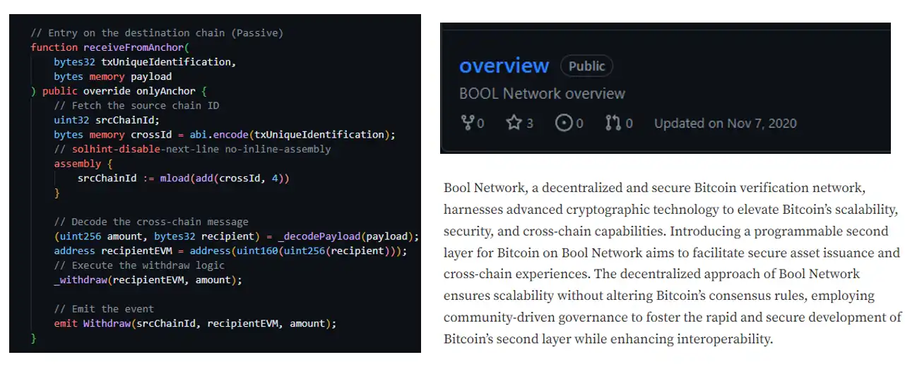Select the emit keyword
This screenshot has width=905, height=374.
coord(65,324)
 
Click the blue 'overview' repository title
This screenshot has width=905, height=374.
coord(504,66)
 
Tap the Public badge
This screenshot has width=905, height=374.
coord(586,66)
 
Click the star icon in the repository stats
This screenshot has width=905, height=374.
coord(514,123)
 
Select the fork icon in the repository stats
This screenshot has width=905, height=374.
coord(467,123)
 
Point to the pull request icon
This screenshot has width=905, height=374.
coord(613,123)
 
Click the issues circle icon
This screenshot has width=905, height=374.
coord(564,123)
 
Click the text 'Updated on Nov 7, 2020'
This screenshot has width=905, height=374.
coord(725,123)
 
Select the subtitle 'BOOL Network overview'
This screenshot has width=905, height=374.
coord(542,94)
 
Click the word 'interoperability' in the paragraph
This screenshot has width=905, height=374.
coord(723,339)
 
